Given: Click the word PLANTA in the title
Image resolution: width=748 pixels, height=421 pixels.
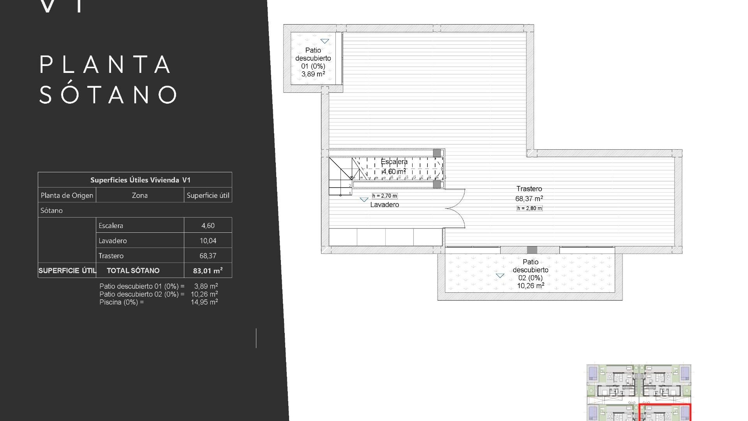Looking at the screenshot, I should click(x=105, y=65).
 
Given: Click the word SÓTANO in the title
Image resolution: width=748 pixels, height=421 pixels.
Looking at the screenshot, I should click(x=108, y=95).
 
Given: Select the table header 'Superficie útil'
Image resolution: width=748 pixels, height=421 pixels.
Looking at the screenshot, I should click(x=208, y=195).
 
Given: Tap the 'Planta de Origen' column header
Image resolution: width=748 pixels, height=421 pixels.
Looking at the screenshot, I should click(x=67, y=195).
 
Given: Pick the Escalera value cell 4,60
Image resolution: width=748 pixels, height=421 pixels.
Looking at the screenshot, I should click(x=208, y=226).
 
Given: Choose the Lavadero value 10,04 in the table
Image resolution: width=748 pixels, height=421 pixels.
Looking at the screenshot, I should click(x=208, y=241).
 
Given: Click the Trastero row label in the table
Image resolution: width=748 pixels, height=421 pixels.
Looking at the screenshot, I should click(x=111, y=256).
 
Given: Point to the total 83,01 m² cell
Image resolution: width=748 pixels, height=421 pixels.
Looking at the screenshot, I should click(x=208, y=271).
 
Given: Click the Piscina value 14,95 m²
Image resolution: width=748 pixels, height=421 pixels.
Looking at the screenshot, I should click(x=204, y=302).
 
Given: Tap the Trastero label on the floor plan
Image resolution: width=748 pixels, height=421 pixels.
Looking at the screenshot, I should click(x=529, y=189).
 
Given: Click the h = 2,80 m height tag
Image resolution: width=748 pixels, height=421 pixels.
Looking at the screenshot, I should click(x=529, y=208).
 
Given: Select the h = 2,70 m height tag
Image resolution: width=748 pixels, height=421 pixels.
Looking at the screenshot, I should click(x=385, y=196).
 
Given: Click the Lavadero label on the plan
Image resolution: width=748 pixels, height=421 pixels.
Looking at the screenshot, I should click(x=385, y=205).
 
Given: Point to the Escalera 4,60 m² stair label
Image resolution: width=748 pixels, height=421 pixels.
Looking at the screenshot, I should click(x=394, y=166).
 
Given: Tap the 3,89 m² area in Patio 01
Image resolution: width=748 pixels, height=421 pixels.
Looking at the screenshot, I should click(x=313, y=74).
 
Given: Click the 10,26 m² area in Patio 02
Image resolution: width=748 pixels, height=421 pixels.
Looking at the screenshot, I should click(x=530, y=286).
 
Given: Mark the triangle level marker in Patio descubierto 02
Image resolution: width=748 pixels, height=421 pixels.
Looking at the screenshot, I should click(x=500, y=276).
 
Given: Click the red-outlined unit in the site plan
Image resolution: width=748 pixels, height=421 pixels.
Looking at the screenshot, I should click(x=665, y=413).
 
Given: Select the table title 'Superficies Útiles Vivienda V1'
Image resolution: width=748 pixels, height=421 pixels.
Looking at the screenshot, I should click(x=140, y=180).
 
